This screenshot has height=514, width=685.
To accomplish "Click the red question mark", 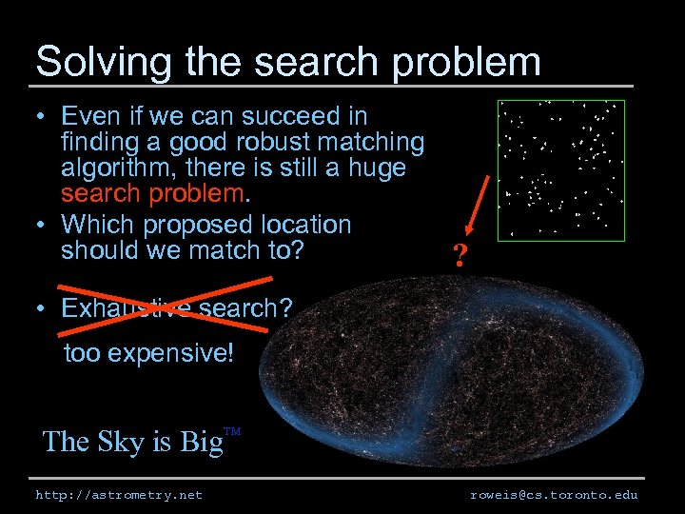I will [x=460, y=256].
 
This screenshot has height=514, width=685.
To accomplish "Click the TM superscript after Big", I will [x=231, y=431].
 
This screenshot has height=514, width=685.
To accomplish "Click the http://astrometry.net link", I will [x=119, y=495].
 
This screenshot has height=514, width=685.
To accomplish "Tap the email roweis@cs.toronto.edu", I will [x=554, y=495].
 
